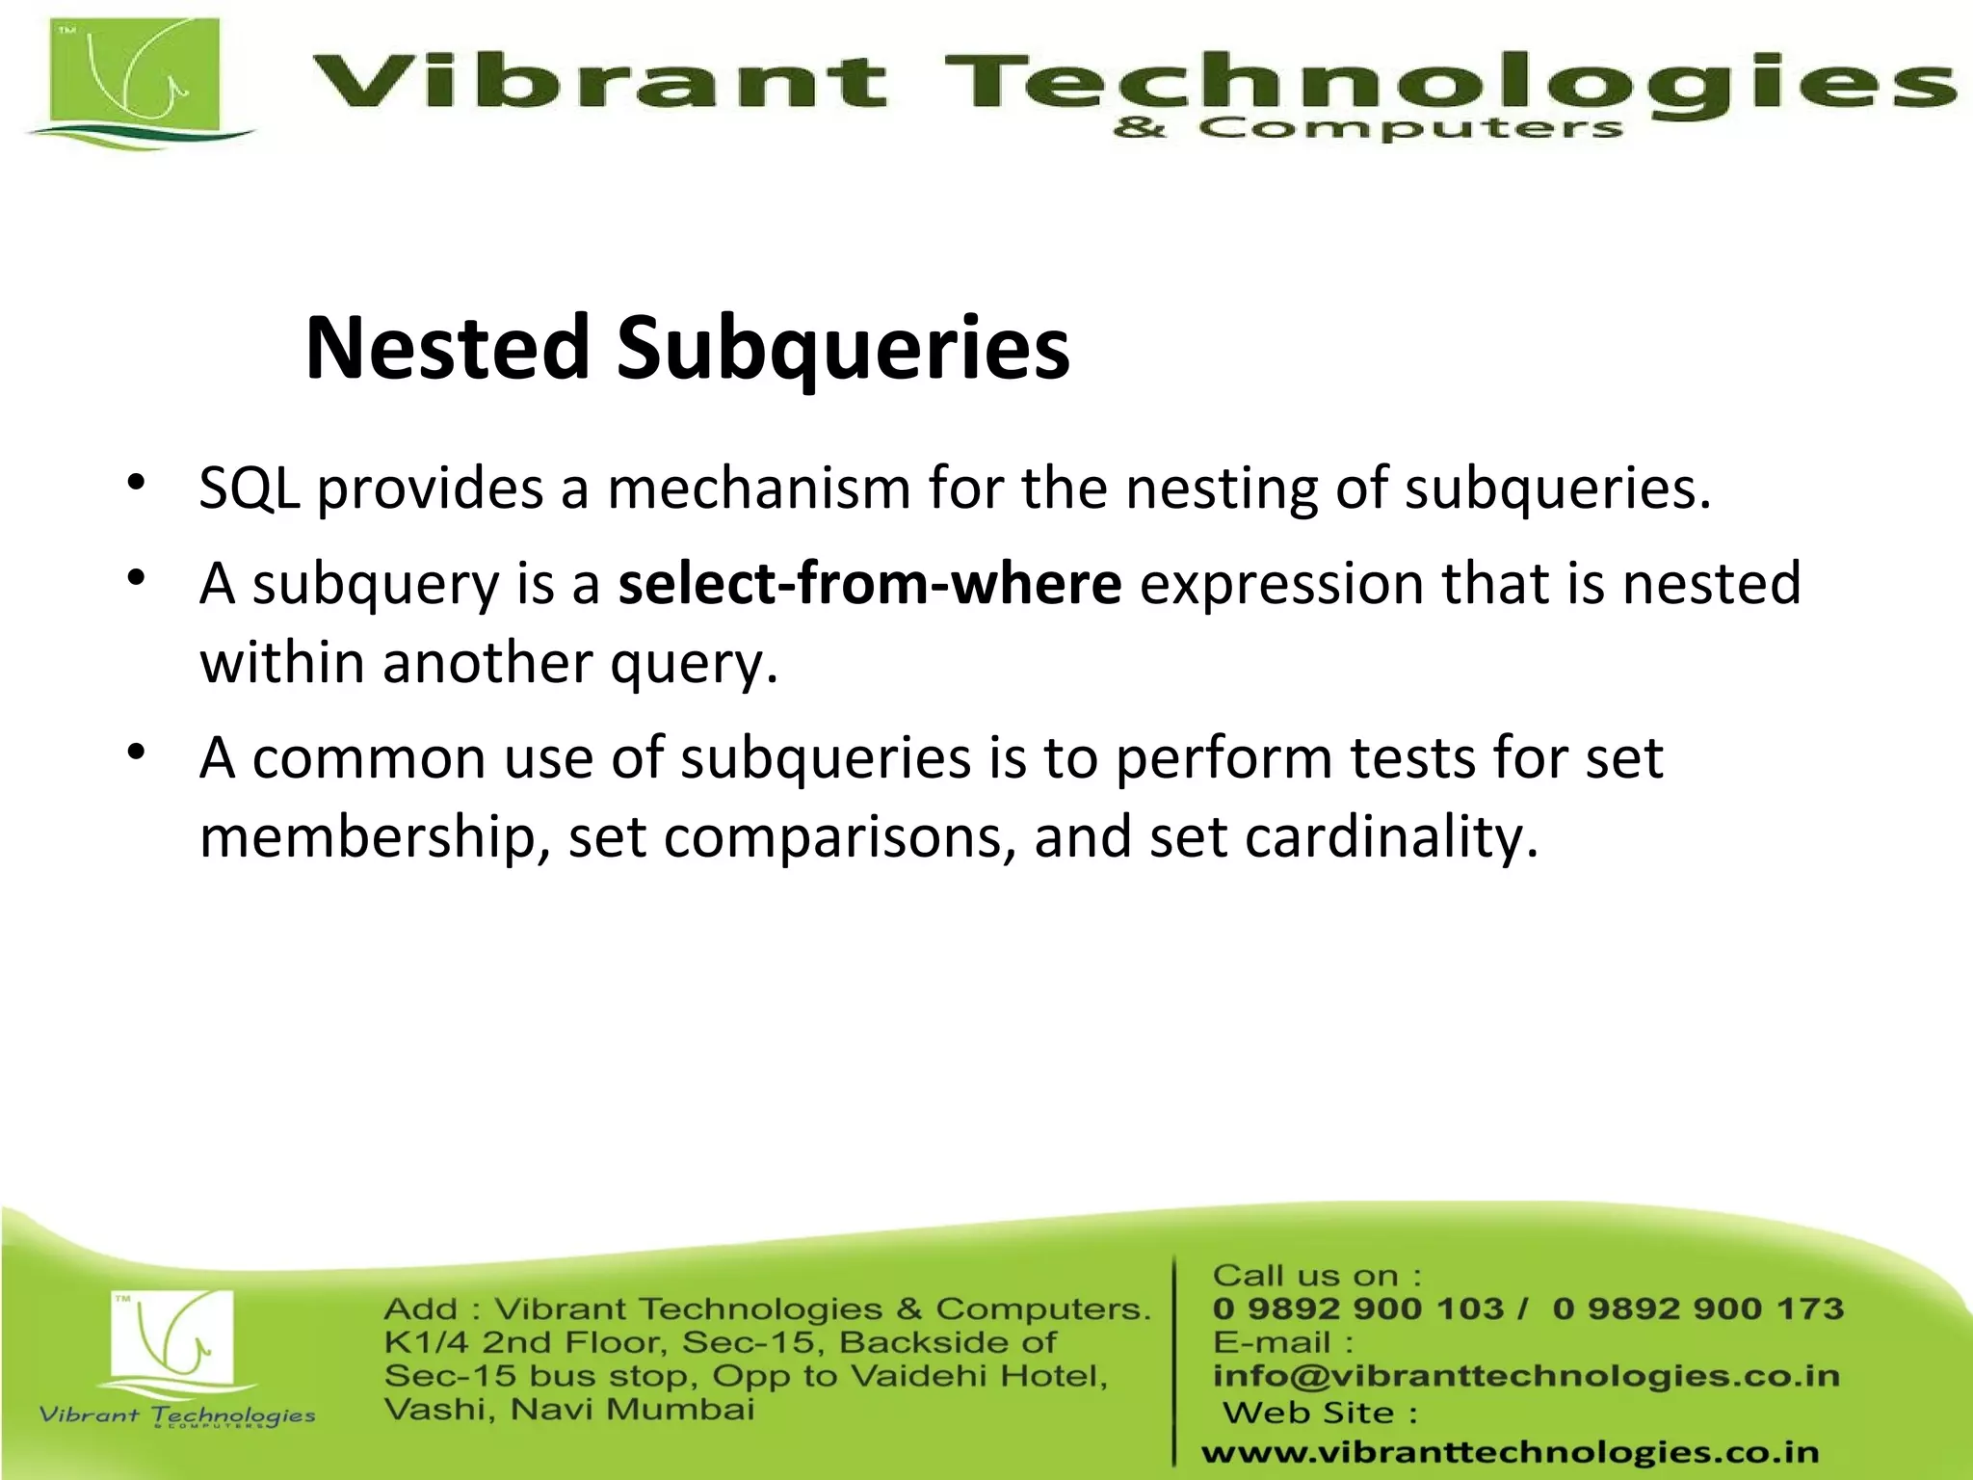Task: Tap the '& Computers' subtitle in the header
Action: pos(1368,128)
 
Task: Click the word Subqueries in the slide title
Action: pos(843,349)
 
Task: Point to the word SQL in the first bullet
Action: pos(249,488)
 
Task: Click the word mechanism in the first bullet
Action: pos(758,488)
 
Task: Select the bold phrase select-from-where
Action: pos(869,584)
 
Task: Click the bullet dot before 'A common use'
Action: pos(137,751)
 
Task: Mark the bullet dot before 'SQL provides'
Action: pos(137,481)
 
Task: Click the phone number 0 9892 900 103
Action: pos(1357,1308)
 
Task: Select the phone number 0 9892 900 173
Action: pos(1697,1308)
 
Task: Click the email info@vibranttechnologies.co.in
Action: pos(1526,1376)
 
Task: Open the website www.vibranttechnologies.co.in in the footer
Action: pos(1510,1452)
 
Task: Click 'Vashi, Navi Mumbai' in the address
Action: pos(568,1410)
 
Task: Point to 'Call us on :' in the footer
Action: pos(1316,1276)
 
